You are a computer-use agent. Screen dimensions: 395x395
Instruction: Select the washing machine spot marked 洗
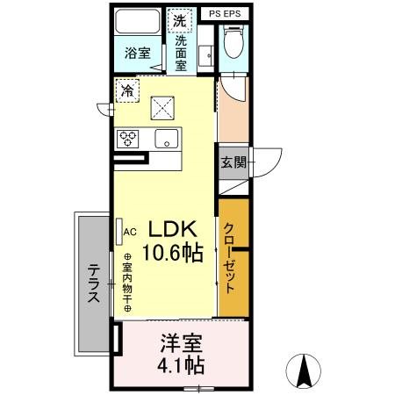pos(180,21)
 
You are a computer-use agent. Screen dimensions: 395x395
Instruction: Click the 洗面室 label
pos(181,53)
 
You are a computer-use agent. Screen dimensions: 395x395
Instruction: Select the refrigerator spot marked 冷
pos(129,90)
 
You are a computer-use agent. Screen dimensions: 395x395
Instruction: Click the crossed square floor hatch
pos(164,107)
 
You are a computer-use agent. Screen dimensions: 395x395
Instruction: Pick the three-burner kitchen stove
pos(128,138)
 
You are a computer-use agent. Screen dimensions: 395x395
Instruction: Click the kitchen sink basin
pos(164,138)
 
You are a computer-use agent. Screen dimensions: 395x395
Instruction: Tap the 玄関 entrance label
pos(233,162)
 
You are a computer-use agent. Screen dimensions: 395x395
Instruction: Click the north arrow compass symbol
pos(305,370)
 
